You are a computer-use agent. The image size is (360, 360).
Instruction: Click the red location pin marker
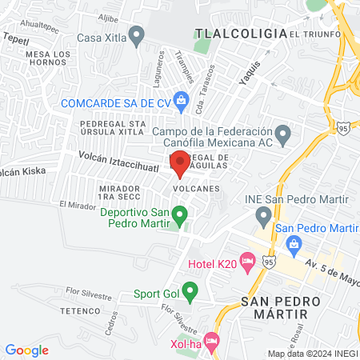tap(179, 162)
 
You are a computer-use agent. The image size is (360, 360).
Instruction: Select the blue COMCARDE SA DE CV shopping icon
tap(181, 101)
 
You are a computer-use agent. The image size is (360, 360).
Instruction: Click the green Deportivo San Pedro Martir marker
tap(180, 214)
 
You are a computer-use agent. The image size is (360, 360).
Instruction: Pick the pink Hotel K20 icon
tap(247, 260)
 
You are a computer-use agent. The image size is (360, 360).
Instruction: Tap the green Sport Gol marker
tap(190, 291)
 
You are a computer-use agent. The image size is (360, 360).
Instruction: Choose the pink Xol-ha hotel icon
tap(211, 342)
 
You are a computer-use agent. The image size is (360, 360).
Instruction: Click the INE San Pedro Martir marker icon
tap(263, 215)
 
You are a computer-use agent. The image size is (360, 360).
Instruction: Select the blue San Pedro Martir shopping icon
tap(294, 244)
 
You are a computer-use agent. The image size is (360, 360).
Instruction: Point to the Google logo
tap(27, 350)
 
